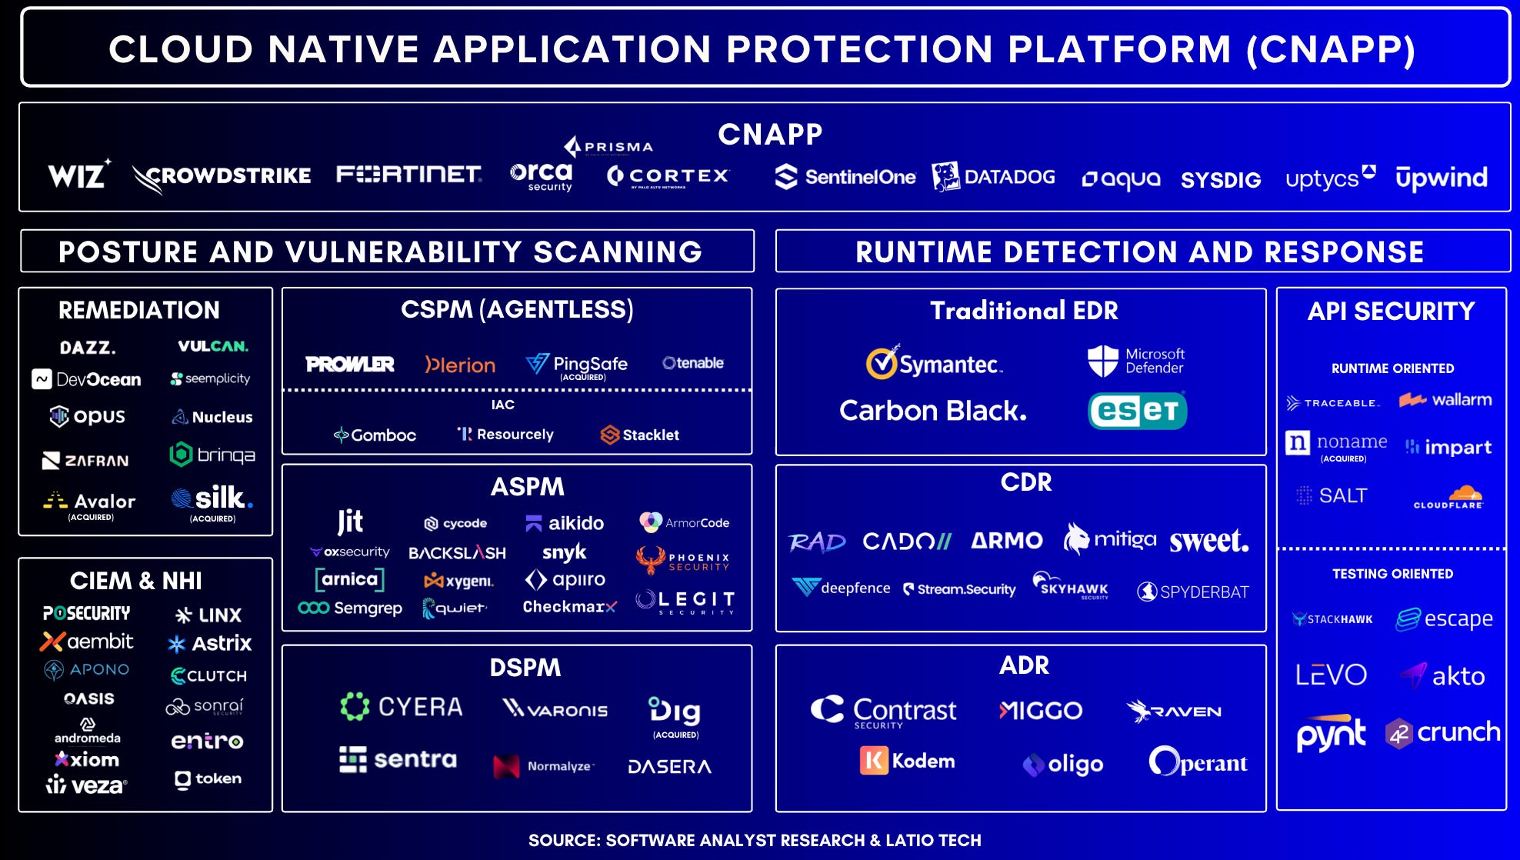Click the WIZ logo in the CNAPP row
[x=78, y=175]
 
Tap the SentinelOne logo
[x=845, y=177]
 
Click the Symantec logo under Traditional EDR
[x=934, y=363]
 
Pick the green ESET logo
[x=1137, y=411]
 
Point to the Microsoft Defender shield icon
[x=1102, y=360]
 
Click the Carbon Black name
[x=932, y=411]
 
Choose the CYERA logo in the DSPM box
[x=402, y=706]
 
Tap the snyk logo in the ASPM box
[x=564, y=552]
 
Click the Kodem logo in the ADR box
[x=907, y=761]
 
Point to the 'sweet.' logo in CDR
[x=1208, y=541]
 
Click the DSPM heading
[x=525, y=667]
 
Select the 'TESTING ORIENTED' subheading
[x=1392, y=574]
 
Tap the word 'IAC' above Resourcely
[x=503, y=405]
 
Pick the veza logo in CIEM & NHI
[x=86, y=785]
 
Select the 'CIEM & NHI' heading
[x=136, y=581]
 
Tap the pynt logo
[x=1331, y=734]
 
